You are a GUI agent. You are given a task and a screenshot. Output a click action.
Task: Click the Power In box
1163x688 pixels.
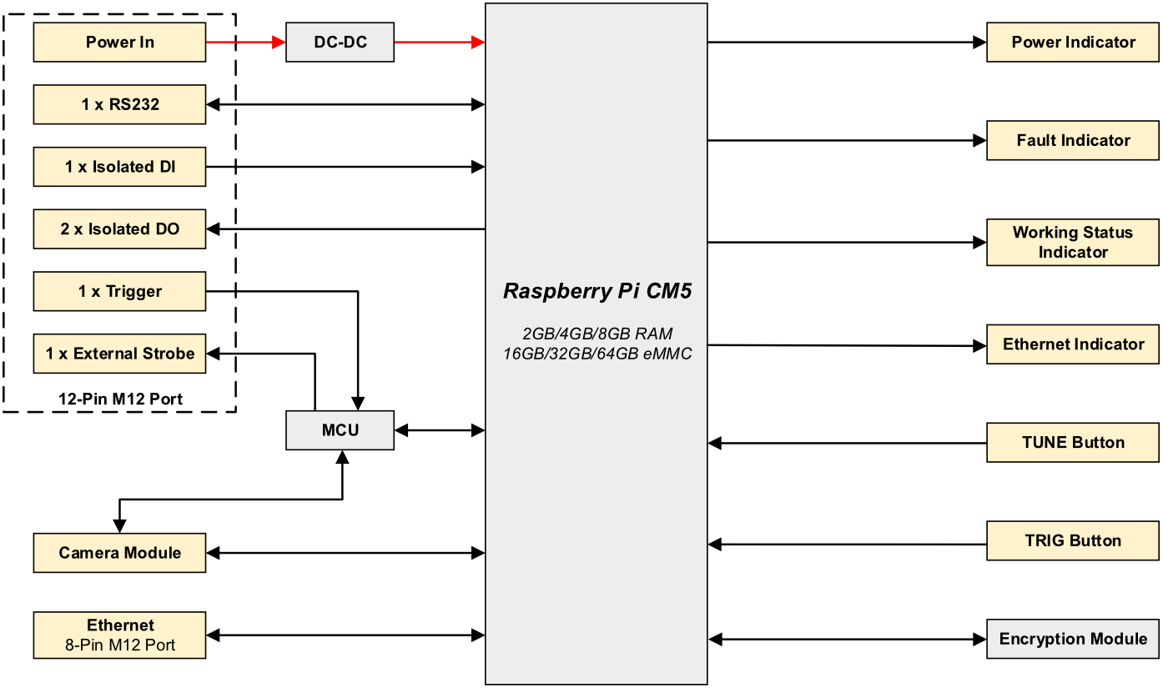click(x=119, y=42)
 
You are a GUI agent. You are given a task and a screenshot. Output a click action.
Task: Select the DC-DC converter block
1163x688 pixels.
click(x=340, y=42)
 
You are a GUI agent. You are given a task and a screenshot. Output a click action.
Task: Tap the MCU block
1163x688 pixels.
click(x=340, y=430)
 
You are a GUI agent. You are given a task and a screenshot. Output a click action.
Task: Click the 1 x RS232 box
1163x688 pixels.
click(x=119, y=104)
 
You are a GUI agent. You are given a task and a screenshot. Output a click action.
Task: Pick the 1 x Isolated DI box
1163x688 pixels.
click(x=119, y=167)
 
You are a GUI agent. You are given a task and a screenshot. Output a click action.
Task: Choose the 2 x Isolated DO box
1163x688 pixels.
click(x=119, y=228)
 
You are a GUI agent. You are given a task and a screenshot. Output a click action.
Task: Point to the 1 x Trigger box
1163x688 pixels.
click(x=119, y=291)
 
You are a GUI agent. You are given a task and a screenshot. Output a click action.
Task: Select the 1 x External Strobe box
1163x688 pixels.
click(x=119, y=354)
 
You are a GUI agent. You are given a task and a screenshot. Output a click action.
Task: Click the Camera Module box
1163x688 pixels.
click(x=119, y=553)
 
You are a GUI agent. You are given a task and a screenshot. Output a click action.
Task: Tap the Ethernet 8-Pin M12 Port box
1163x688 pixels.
click(x=119, y=635)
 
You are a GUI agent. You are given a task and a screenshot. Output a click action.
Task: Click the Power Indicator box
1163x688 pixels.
click(x=1073, y=42)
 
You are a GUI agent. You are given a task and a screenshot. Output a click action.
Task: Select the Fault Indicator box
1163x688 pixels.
click(x=1073, y=140)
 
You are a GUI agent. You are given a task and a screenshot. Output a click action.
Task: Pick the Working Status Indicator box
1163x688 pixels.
click(x=1073, y=243)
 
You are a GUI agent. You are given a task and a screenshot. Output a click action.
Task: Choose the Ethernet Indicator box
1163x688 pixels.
click(x=1073, y=344)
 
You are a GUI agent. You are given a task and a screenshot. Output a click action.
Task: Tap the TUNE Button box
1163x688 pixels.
click(x=1073, y=443)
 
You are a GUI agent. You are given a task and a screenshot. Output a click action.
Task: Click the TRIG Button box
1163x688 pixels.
click(x=1073, y=540)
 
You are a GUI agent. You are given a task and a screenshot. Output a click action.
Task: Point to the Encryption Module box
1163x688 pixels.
click(x=1073, y=639)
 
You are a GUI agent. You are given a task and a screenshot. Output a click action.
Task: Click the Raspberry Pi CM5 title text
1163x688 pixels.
click(x=597, y=291)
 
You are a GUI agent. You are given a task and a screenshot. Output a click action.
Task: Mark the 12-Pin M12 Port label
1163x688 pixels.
click(x=120, y=399)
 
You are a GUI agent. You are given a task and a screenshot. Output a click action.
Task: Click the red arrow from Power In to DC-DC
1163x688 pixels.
click(x=245, y=42)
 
